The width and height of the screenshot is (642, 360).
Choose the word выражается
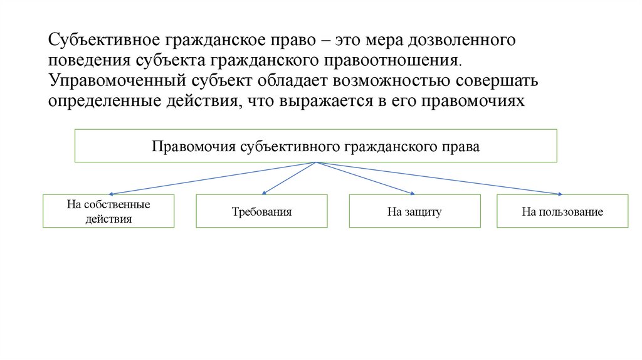(327, 101)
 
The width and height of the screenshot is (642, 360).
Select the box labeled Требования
(261, 211)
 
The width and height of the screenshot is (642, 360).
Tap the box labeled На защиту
(414, 211)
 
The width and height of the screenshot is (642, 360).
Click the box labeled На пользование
(562, 211)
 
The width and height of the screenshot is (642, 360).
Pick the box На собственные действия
(108, 211)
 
